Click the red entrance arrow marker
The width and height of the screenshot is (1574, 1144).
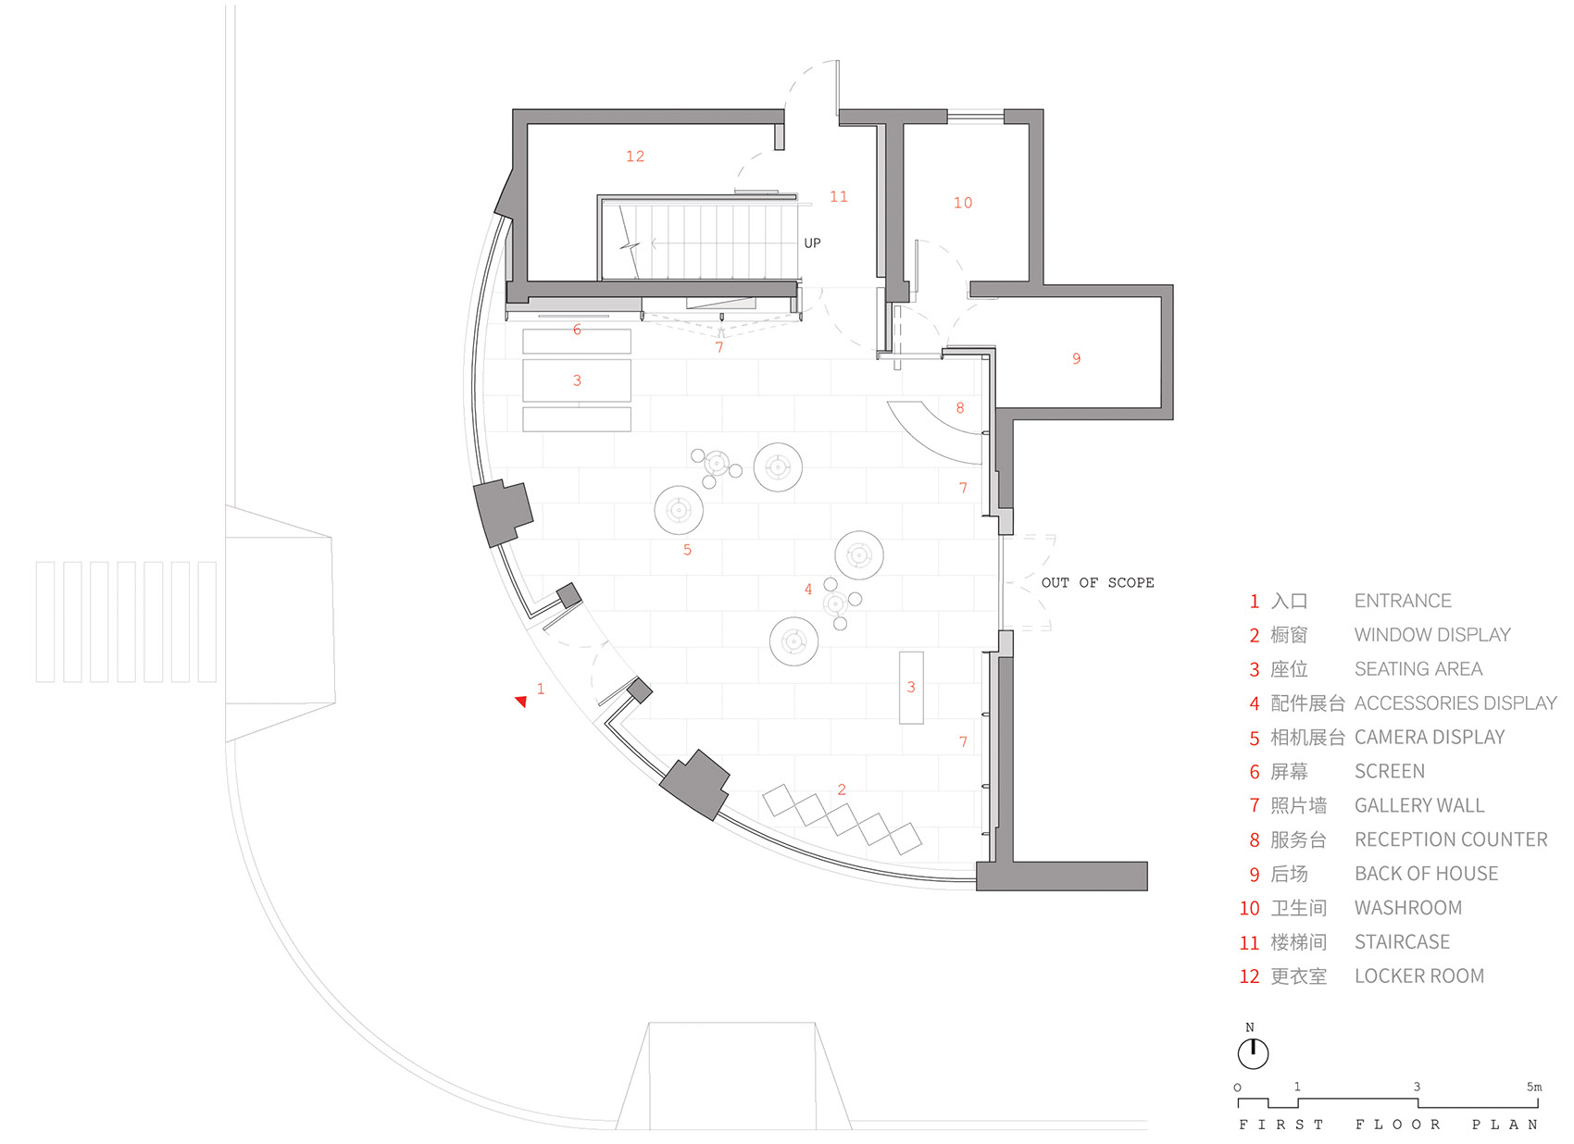click(x=521, y=702)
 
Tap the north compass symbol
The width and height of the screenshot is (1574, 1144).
click(x=1253, y=1052)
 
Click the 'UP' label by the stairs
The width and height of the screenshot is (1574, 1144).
click(x=812, y=242)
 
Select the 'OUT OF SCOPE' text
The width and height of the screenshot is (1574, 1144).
click(x=1097, y=582)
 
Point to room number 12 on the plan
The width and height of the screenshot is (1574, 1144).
click(x=635, y=156)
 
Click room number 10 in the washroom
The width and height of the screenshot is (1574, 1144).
click(x=963, y=203)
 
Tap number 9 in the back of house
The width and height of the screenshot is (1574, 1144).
click(x=1076, y=358)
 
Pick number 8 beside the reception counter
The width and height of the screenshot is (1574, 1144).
click(x=960, y=408)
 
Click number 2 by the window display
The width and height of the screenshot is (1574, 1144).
click(x=842, y=790)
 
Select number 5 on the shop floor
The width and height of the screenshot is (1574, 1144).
click(x=687, y=550)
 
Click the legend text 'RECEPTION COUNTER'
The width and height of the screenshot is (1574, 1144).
click(x=1450, y=839)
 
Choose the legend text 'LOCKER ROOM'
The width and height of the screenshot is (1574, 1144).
click(x=1418, y=976)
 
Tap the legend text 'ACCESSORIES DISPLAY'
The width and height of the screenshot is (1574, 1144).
click(x=1455, y=703)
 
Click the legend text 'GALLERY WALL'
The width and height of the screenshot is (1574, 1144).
click(x=1418, y=805)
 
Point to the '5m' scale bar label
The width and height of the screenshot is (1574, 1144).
click(x=1534, y=1087)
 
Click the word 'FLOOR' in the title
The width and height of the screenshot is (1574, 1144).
click(x=1398, y=1125)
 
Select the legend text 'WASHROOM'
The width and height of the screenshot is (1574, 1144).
click(x=1407, y=908)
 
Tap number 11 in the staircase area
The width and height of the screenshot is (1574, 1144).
click(x=839, y=196)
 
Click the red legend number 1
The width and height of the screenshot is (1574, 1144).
click(x=1255, y=602)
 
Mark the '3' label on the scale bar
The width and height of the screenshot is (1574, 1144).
click(x=1417, y=1087)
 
